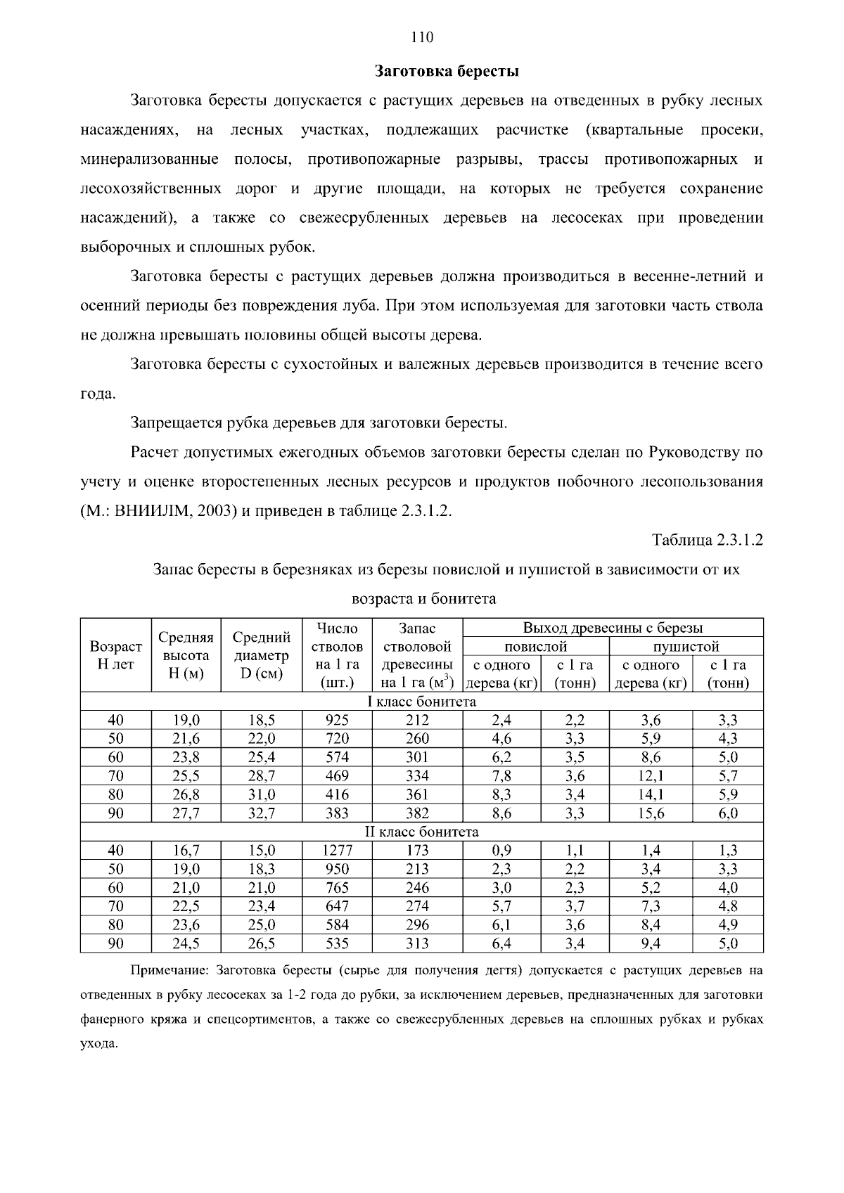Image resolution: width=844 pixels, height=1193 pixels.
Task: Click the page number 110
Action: point(422,37)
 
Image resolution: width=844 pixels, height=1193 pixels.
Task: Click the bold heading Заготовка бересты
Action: point(446,71)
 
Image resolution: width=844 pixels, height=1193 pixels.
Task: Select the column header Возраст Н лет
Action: point(115,654)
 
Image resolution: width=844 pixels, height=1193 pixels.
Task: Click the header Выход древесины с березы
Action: point(612,628)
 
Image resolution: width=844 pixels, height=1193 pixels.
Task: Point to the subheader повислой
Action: point(535,646)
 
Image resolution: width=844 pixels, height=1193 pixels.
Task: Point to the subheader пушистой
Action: point(686,646)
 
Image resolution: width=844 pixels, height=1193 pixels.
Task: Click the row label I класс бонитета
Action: point(422,702)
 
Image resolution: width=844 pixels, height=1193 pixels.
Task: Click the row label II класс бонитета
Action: point(422,832)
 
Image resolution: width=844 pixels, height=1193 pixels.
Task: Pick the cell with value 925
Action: point(337,720)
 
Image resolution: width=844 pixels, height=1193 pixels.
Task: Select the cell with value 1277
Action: point(337,850)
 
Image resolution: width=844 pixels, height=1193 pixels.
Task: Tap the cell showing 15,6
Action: point(651,813)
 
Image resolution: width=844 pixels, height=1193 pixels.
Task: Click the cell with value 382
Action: point(417,813)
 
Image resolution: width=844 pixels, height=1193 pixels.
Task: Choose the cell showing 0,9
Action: point(501,850)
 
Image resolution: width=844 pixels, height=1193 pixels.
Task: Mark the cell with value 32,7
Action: point(262,813)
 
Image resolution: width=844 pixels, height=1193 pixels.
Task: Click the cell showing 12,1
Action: point(651,776)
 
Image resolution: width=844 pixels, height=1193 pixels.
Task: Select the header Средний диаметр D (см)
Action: point(262,654)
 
